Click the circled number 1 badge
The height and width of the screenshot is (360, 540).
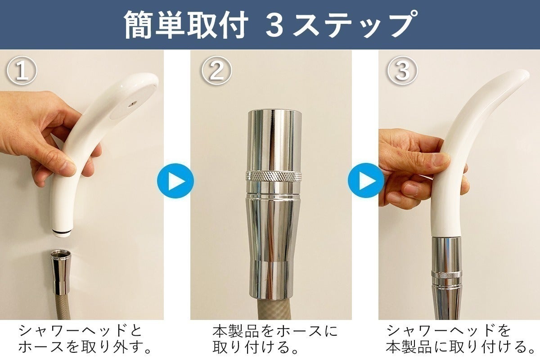tap(22, 72)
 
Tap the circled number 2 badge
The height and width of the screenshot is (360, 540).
tap(216, 72)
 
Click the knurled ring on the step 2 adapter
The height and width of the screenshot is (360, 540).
tap(274, 176)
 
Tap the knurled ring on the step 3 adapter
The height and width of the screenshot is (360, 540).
tap(446, 274)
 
